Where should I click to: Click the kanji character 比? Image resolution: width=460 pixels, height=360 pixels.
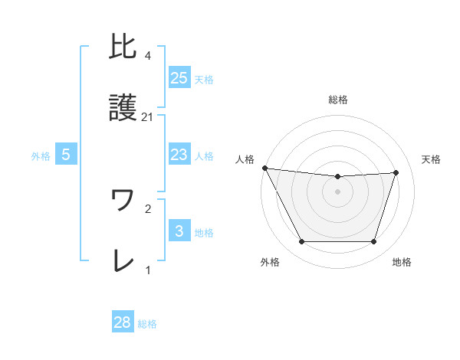123,47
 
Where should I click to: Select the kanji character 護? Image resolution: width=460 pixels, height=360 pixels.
123,109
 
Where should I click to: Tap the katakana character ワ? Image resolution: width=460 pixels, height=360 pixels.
123,201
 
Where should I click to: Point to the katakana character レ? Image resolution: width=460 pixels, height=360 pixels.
123,262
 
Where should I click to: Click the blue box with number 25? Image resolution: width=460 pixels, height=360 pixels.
179,78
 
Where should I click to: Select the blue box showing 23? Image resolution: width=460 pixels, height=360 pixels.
179,155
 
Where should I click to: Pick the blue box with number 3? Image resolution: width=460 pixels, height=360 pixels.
179,231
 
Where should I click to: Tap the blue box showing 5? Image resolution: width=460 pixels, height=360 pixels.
66,155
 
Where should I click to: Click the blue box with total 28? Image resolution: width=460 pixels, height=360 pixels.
123,322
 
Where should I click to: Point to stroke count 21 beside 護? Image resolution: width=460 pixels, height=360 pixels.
148,117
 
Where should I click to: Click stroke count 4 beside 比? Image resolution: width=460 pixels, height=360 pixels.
147,56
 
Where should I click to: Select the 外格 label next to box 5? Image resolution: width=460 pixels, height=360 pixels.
41,155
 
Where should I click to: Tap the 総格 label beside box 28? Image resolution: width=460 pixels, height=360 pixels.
147,324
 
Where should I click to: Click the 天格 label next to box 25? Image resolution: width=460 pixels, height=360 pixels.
204,79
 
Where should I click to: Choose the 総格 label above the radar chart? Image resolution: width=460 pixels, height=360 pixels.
338,100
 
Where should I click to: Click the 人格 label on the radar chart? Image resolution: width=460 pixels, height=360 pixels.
245,159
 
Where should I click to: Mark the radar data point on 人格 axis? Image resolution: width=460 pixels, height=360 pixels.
264,168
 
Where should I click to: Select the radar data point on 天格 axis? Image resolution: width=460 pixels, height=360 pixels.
396,172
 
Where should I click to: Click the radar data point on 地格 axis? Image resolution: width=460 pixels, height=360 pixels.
373,242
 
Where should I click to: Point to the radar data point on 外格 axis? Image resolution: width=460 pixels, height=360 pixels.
301,242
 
